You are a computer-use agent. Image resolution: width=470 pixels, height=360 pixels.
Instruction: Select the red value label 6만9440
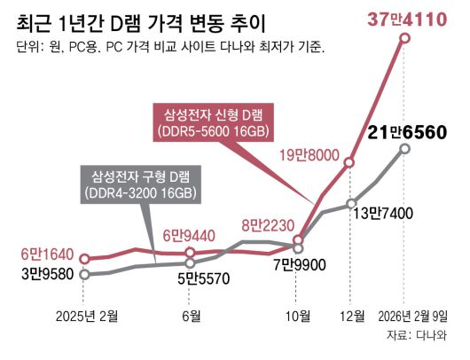190,236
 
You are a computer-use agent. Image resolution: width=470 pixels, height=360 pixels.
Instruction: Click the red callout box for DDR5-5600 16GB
214,122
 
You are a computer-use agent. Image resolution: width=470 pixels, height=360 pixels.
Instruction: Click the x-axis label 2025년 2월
86,316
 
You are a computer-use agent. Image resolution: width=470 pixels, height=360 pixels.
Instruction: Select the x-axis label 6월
190,316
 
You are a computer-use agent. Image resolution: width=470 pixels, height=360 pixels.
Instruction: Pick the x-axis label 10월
299,316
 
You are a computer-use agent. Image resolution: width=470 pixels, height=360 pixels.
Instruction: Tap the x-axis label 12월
351,316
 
